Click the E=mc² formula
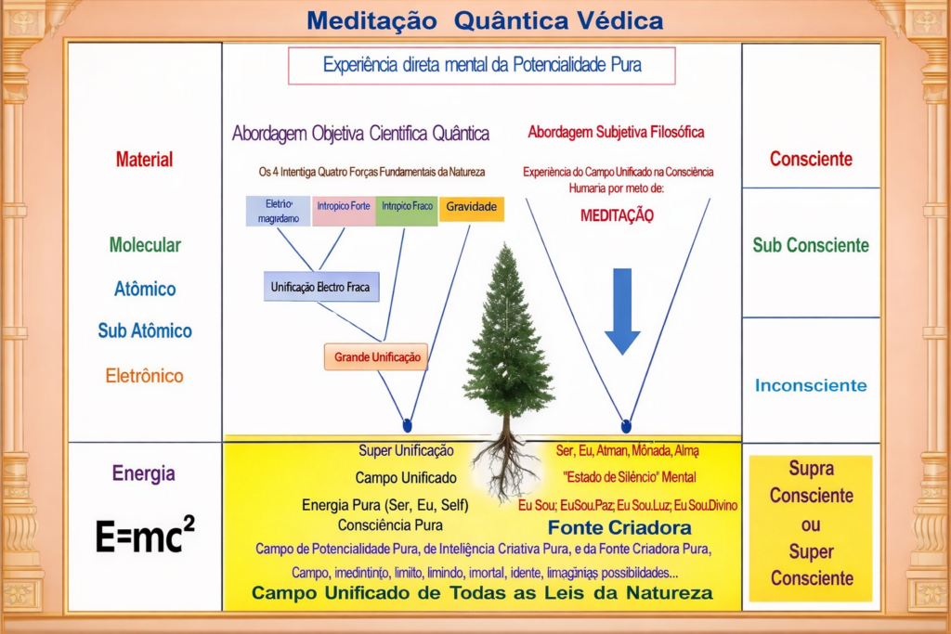(x=145, y=536)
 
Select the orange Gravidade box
(x=471, y=207)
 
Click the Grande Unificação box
(x=376, y=356)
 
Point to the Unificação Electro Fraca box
(x=319, y=288)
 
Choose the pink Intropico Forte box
(x=344, y=207)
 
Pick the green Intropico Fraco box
(x=407, y=207)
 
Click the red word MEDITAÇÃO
(x=617, y=215)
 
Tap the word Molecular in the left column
(x=145, y=245)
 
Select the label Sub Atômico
(x=145, y=330)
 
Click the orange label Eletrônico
(x=144, y=376)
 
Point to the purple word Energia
(x=143, y=473)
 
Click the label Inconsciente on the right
(x=811, y=385)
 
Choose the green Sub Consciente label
(x=811, y=245)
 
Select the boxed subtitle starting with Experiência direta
(x=481, y=66)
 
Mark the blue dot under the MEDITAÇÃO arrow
(x=626, y=426)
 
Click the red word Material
(x=144, y=159)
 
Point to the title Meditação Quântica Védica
(x=485, y=20)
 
